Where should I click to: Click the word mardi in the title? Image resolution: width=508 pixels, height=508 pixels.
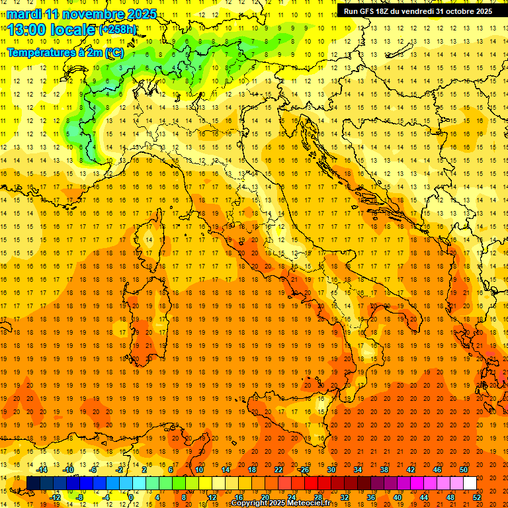pyautogui.click(x=23, y=14)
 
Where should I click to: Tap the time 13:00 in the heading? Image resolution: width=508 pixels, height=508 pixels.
pyautogui.click(x=26, y=30)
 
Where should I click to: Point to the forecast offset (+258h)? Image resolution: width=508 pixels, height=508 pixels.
pyautogui.click(x=118, y=30)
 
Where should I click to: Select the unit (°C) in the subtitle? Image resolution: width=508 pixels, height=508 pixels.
pyautogui.click(x=113, y=52)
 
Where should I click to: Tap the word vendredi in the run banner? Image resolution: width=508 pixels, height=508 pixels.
pyautogui.click(x=415, y=11)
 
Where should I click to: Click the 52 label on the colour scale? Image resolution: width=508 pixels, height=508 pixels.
pyautogui.click(x=478, y=497)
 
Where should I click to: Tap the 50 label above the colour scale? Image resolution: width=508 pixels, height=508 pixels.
pyautogui.click(x=464, y=470)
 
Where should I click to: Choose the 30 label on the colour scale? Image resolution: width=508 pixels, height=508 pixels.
pyautogui.click(x=331, y=470)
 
